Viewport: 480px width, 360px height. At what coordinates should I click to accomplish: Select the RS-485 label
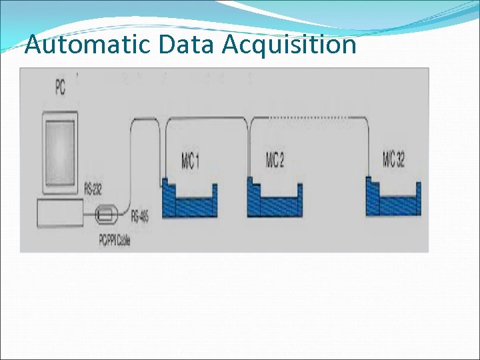(139, 216)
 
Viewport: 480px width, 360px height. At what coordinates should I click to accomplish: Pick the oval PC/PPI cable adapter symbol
(107, 215)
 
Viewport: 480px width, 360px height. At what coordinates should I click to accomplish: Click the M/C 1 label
(190, 162)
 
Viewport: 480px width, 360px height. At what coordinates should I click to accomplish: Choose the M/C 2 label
(275, 161)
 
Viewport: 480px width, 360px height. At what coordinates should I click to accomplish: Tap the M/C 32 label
(394, 160)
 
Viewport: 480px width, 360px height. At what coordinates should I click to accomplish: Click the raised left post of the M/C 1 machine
(164, 193)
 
